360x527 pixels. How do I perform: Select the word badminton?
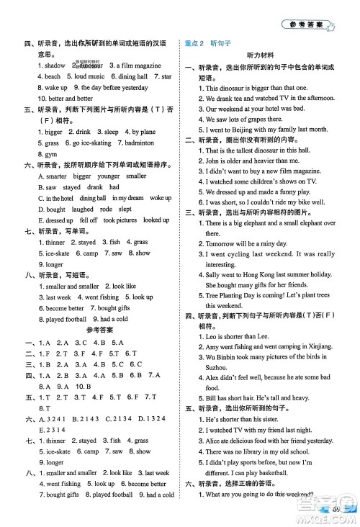[150, 143]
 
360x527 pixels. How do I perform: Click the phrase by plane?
[144, 132]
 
